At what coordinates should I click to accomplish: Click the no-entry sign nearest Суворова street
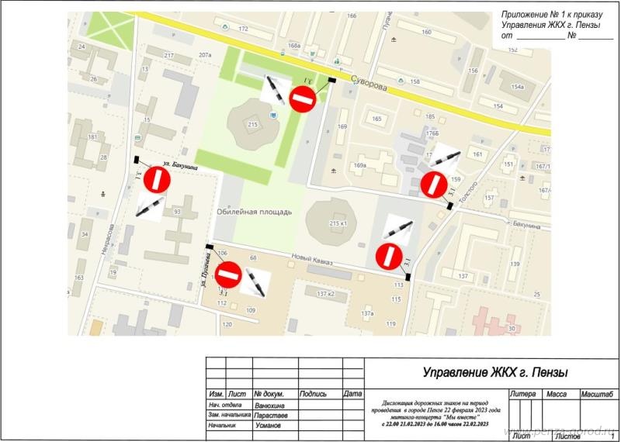302,98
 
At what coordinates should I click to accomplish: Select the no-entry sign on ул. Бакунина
157,179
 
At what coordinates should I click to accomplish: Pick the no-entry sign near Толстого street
432,185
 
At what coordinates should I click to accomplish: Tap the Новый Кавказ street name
311,263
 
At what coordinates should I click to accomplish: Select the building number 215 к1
339,223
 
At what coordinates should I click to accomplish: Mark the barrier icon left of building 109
255,282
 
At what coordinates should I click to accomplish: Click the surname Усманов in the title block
269,426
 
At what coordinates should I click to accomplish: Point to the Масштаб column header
598,395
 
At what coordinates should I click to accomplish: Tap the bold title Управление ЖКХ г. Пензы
495,372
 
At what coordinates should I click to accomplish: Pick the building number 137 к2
326,294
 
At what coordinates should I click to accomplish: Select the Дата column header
352,395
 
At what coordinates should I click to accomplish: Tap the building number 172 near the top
243,29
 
